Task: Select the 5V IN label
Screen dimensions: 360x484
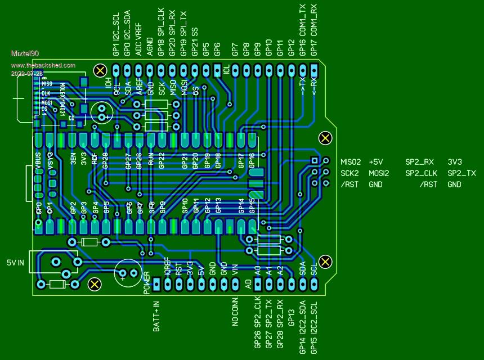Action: (15, 263)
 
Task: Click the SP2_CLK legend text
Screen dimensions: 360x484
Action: (422, 173)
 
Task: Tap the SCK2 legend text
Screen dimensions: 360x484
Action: (349, 173)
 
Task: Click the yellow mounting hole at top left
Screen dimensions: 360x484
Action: (101, 70)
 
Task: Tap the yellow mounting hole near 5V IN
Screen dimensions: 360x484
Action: (95, 284)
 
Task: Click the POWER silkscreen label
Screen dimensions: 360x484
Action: (147, 282)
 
